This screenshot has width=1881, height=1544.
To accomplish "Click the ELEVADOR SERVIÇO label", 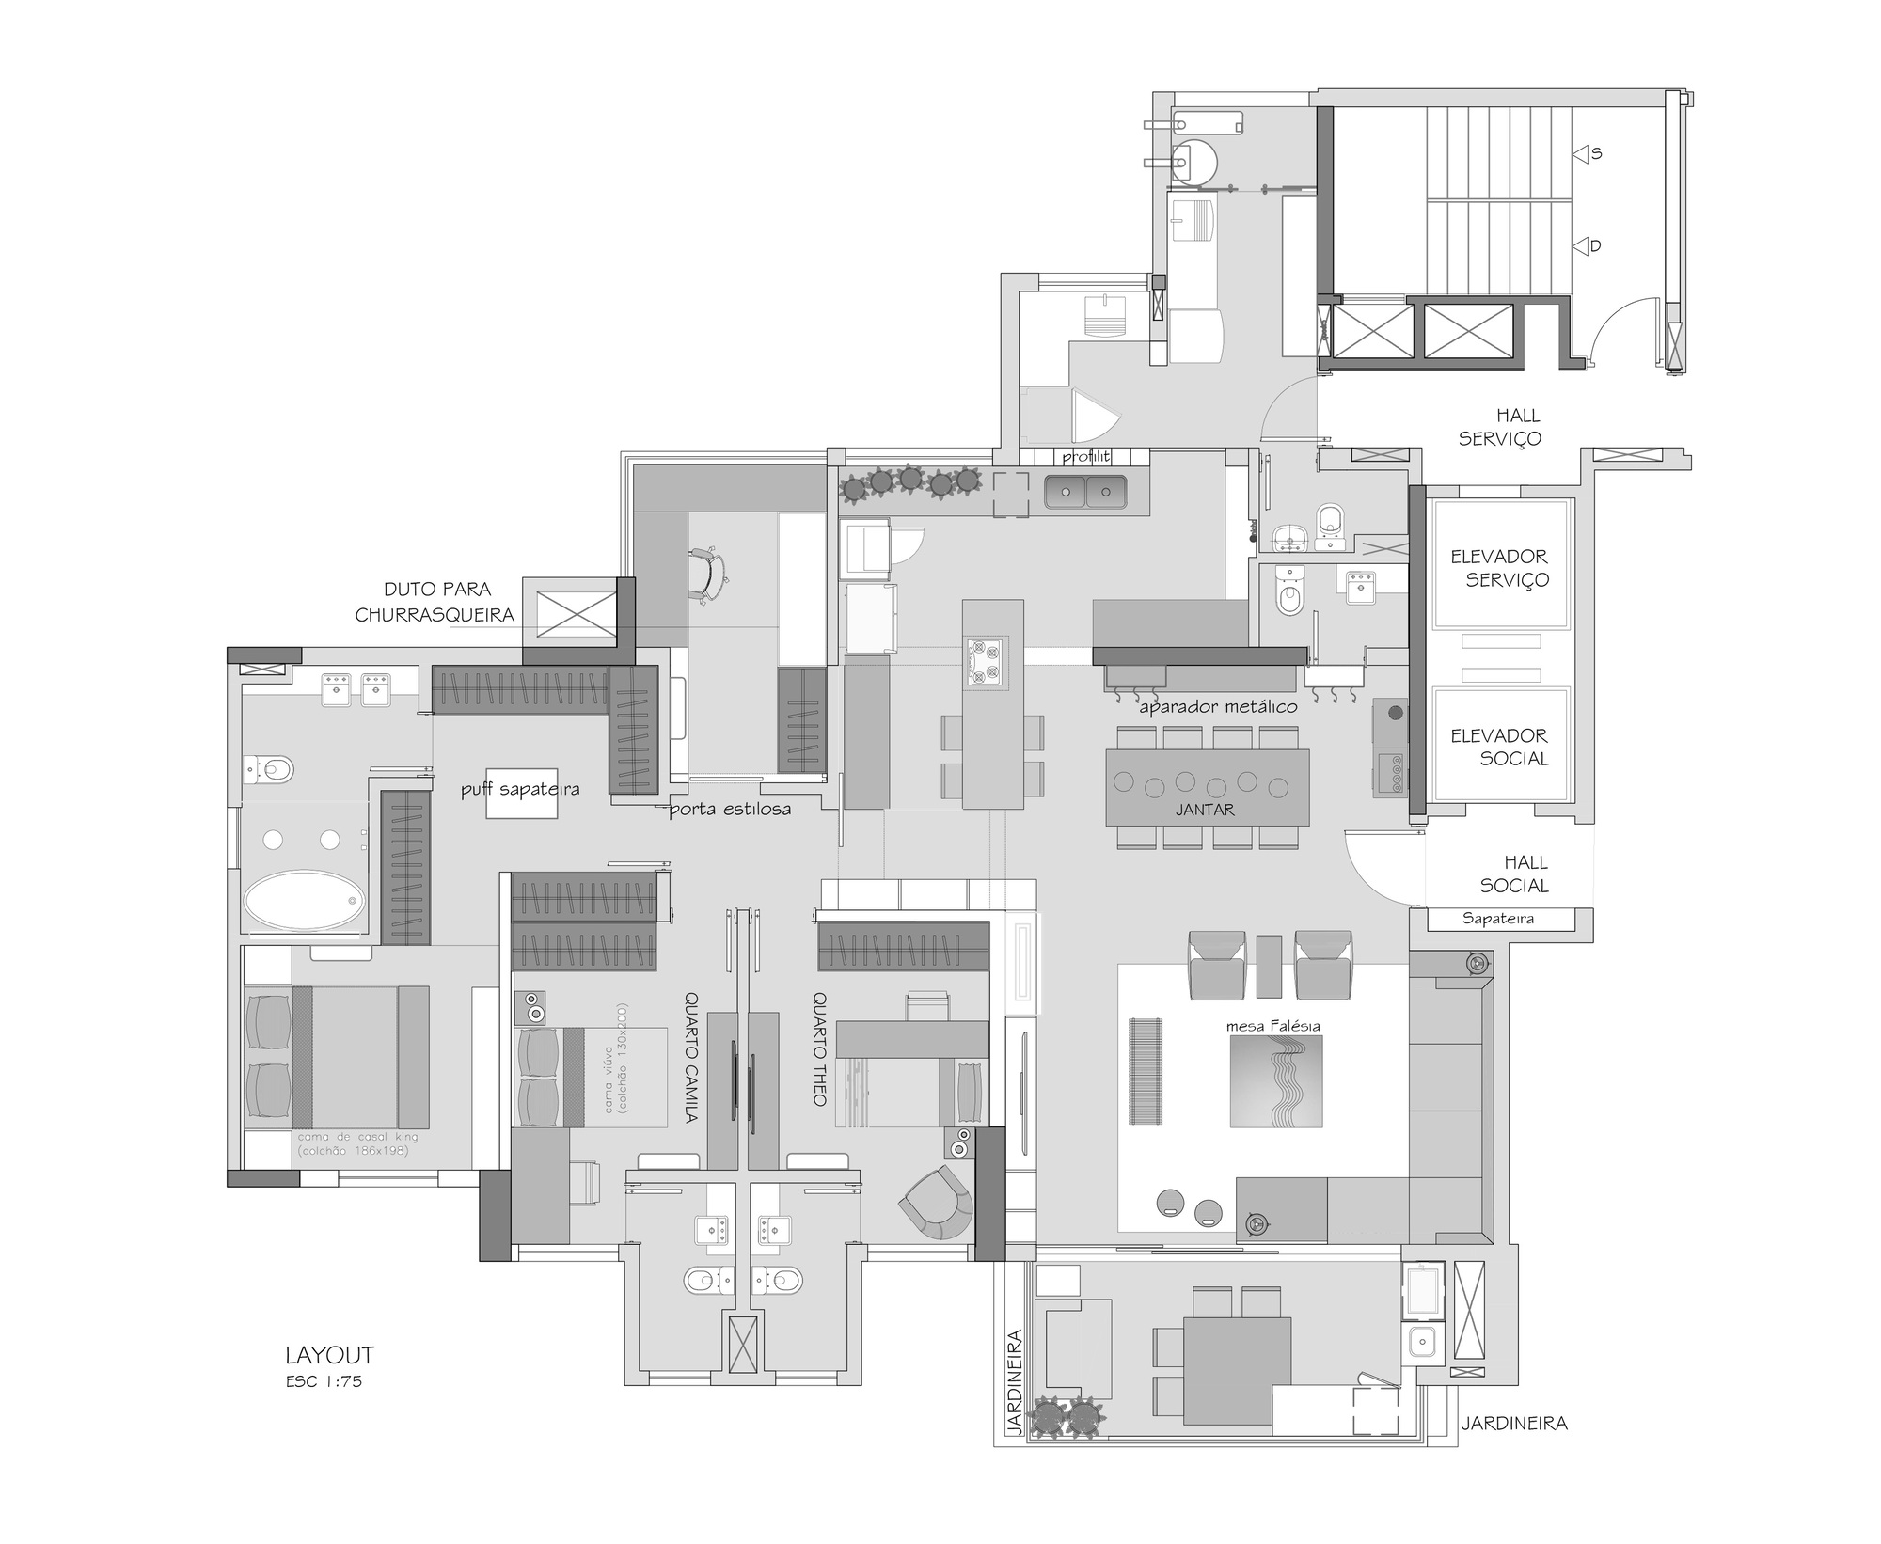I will tap(1499, 568).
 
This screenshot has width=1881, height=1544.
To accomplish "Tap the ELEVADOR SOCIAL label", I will tap(1499, 747).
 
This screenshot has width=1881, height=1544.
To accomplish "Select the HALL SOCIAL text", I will tap(1514, 874).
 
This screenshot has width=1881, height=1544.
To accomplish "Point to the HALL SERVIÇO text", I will tap(1500, 426).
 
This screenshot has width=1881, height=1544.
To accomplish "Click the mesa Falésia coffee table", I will tap(1276, 1081).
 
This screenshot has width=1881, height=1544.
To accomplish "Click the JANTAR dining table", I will tap(1207, 786).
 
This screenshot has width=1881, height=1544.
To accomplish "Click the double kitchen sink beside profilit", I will tap(1085, 492).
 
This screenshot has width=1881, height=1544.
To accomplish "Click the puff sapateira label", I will tap(520, 789).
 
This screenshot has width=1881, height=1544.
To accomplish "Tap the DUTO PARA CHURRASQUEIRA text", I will tap(435, 602).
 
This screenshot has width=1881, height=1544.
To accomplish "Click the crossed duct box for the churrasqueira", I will tap(576, 614).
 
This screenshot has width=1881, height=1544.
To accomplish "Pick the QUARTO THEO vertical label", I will tap(819, 1048).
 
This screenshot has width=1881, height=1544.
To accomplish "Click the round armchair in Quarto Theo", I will tap(937, 1202).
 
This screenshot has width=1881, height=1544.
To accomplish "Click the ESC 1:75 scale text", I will tap(324, 1381).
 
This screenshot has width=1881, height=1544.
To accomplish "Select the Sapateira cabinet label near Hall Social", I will tap(1497, 919).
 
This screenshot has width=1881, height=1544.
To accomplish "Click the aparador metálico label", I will tap(1218, 706).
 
